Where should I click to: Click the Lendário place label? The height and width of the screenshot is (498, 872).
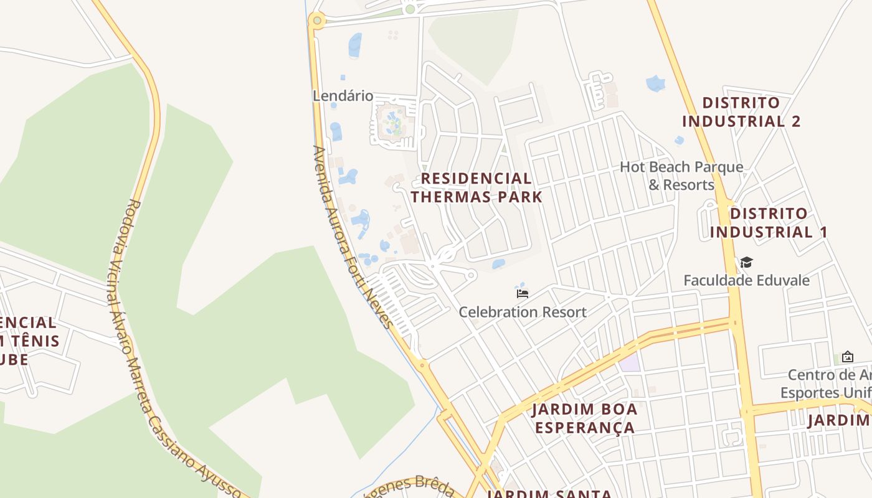coord(343,96)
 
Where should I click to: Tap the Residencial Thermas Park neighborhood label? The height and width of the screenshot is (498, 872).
coord(476,187)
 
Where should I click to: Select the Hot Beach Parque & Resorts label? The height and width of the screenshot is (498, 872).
coord(681,176)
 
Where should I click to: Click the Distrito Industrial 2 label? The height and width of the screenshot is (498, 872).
coord(741,111)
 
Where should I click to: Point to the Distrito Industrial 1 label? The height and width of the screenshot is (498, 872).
coord(769,223)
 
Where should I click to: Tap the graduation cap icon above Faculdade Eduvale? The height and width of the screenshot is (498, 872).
coord(746,263)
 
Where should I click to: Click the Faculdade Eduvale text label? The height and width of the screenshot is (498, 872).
coord(746,280)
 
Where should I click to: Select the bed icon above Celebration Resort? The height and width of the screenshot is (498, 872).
coord(523,293)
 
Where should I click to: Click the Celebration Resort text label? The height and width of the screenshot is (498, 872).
coord(523,312)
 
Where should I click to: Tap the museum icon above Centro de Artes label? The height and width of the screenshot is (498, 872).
coord(847,357)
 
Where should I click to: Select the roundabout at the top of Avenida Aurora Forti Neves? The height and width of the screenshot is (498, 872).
coord(317,21)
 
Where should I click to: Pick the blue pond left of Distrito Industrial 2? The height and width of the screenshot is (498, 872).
coord(655,83)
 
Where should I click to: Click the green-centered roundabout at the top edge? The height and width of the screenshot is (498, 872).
coord(409,9)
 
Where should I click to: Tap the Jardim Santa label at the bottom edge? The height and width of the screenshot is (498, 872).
coord(548,494)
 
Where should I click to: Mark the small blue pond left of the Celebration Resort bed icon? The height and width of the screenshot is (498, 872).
coord(498,264)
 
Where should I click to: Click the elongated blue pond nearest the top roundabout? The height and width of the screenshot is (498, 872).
coord(355,45)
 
